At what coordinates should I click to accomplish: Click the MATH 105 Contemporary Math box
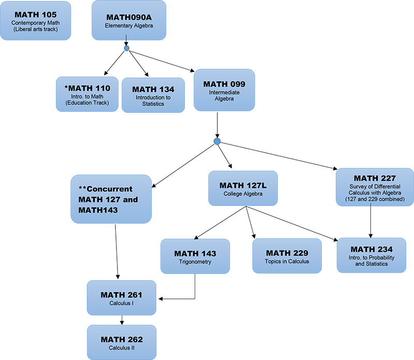click(x=36, y=20)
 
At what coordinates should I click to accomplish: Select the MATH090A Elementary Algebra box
click(x=129, y=20)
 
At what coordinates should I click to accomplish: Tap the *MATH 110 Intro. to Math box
click(x=87, y=94)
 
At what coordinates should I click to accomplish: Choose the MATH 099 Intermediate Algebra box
click(x=224, y=89)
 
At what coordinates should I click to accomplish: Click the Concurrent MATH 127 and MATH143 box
click(x=111, y=199)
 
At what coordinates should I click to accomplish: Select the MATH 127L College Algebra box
click(x=243, y=188)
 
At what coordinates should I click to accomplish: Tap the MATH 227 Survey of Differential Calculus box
click(x=375, y=187)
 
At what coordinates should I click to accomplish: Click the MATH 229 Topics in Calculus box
click(x=287, y=256)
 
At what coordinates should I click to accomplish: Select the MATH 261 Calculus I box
click(x=122, y=298)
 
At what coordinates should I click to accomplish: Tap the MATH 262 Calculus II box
click(x=122, y=342)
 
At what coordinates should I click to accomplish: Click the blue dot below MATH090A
click(x=126, y=49)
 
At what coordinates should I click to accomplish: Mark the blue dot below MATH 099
click(x=217, y=141)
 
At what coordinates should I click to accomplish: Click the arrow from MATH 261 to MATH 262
click(x=122, y=320)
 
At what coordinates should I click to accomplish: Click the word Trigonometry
click(x=195, y=262)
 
